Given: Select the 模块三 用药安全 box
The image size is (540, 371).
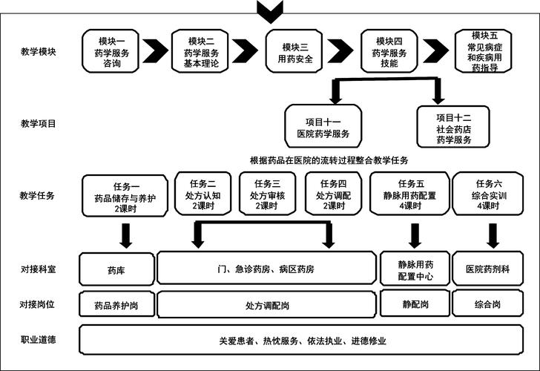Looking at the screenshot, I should click(x=295, y=51).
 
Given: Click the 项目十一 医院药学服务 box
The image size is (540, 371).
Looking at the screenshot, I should click(x=323, y=126).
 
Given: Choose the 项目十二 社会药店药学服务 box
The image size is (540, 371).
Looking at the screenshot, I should click(x=453, y=126).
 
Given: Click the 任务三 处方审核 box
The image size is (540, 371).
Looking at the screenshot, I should click(x=267, y=194).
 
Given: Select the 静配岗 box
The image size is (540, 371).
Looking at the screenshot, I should click(x=414, y=303).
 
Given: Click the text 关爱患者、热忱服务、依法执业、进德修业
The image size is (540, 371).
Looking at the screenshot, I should click(x=303, y=341).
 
